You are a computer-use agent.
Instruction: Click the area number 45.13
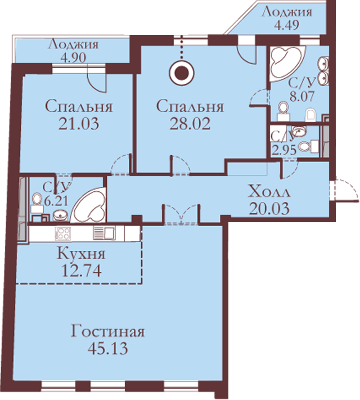pos(107,348)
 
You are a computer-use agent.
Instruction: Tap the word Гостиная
pos(107,331)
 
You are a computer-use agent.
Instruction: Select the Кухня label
pos(81,254)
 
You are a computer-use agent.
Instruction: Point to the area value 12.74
pos(82,271)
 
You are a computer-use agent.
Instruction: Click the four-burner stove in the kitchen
pos(63,233)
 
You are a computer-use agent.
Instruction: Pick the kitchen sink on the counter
pos(104,233)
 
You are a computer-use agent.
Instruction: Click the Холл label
pos(269,192)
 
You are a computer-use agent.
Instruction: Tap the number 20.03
pos(269,208)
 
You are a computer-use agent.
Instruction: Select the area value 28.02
pos(190,124)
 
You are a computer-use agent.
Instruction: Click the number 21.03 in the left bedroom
pos(79,124)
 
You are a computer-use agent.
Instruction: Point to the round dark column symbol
pos(182,73)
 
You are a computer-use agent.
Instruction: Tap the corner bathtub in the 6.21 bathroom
pos(90,206)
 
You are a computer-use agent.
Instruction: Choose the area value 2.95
pos(284,151)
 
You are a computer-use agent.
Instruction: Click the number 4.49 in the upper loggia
pos(286,25)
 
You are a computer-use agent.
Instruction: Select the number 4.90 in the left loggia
pos(73,57)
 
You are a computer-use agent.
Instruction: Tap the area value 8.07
pos(301,96)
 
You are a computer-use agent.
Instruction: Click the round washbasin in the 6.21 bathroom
pos(60,215)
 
